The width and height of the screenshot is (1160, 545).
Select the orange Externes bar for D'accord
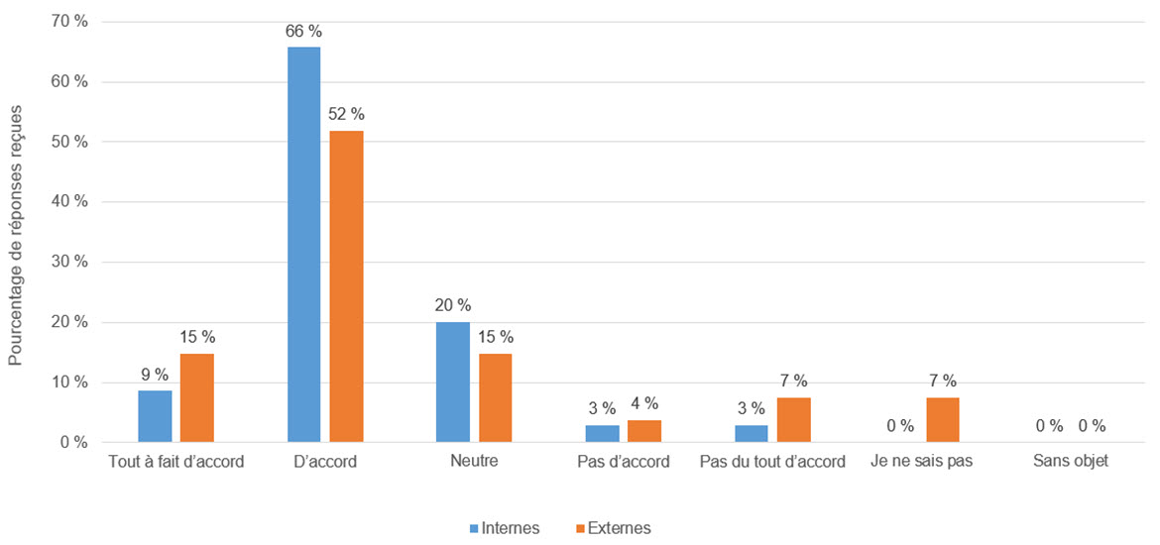[x=346, y=286]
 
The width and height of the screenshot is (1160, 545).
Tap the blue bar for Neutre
[x=453, y=381]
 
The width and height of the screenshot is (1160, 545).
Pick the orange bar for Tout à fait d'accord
[x=197, y=397]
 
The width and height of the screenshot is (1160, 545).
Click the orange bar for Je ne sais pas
[x=943, y=420]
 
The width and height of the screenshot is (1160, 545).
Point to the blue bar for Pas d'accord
[x=602, y=433]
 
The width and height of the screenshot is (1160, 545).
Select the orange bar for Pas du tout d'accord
[x=794, y=420]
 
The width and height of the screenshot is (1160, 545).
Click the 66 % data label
[x=303, y=32]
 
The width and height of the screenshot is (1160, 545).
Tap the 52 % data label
[x=346, y=115]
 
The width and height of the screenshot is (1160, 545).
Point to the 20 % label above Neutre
[x=452, y=305]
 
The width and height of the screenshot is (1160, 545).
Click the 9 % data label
[x=155, y=375]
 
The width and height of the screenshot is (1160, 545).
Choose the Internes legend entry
[x=505, y=528]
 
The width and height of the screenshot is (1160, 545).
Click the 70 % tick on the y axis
[x=68, y=22]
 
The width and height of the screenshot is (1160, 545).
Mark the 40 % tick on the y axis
[x=68, y=202]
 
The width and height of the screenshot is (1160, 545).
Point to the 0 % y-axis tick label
[x=72, y=442]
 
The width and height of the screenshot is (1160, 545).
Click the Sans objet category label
[x=1070, y=462]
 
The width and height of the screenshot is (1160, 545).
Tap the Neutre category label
[x=474, y=462]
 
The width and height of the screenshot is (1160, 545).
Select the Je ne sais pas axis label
[x=921, y=462]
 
